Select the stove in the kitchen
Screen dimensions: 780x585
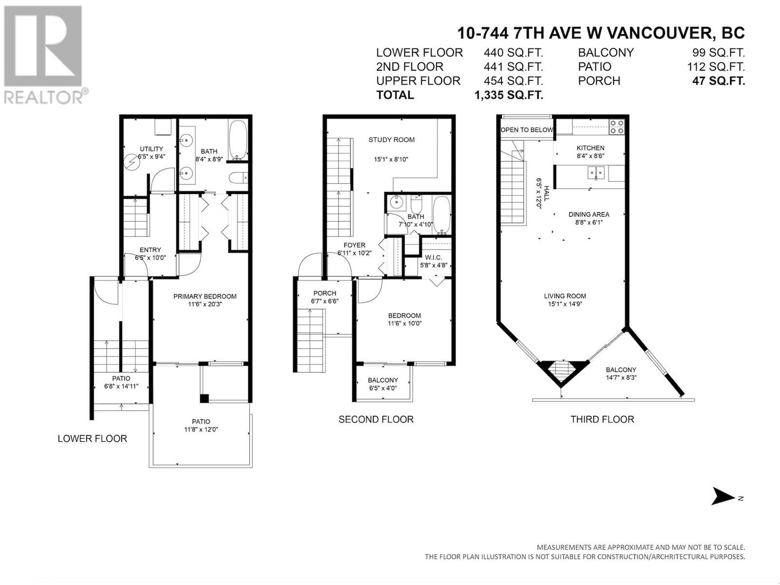[617, 127]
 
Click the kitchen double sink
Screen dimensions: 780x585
[595, 174]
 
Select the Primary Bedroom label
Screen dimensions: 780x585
[205, 296]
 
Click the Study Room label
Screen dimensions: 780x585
[391, 140]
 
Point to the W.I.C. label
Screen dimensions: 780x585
[433, 257]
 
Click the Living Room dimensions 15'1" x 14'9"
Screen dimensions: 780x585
[565, 304]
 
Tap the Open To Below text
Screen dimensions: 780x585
[526, 130]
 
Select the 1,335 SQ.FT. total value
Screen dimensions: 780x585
[509, 95]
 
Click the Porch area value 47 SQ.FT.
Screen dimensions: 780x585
[719, 81]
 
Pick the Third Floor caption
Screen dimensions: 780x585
[602, 419]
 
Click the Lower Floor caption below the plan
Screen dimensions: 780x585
[92, 439]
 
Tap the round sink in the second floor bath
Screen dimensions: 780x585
[395, 202]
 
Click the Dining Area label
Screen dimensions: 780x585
[589, 214]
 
